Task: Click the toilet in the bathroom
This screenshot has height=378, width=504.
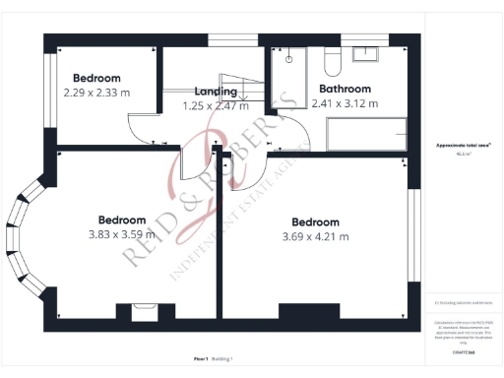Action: tap(331, 63)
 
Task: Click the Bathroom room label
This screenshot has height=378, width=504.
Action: tap(351, 88)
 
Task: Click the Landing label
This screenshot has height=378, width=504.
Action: tap(216, 92)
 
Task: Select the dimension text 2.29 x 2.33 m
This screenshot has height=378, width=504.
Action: tap(96, 93)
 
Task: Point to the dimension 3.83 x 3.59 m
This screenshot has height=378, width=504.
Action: tap(122, 234)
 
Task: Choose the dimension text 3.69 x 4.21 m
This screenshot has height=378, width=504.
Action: tap(315, 236)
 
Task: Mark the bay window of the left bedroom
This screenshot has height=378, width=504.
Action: tap(20, 236)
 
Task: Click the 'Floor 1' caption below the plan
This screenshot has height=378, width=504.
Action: tap(202, 358)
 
